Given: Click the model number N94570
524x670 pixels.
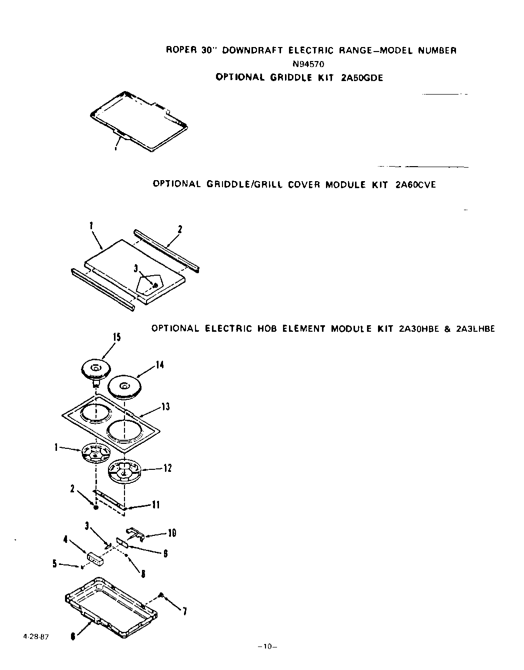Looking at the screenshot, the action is (x=310, y=64).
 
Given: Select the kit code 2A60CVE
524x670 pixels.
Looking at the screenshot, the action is (x=415, y=185).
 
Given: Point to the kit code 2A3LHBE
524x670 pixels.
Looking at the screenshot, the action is (x=475, y=329).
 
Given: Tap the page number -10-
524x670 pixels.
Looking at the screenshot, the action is (x=267, y=646).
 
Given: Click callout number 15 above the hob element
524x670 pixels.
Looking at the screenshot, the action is (x=116, y=337).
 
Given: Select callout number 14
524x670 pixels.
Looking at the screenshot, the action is (x=159, y=365).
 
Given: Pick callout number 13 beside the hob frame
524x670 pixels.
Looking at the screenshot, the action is (x=165, y=407).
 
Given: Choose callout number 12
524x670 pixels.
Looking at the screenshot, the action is (x=167, y=468).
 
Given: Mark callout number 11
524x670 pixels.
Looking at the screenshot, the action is (x=155, y=505).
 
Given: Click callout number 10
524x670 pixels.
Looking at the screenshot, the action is (x=171, y=533).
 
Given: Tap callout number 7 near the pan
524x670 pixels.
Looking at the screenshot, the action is (x=184, y=611).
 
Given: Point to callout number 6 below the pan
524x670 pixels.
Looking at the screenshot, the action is (x=73, y=636).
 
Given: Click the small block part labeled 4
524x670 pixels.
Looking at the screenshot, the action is (x=95, y=558).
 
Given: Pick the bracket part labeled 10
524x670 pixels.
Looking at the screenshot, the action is (x=134, y=532).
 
